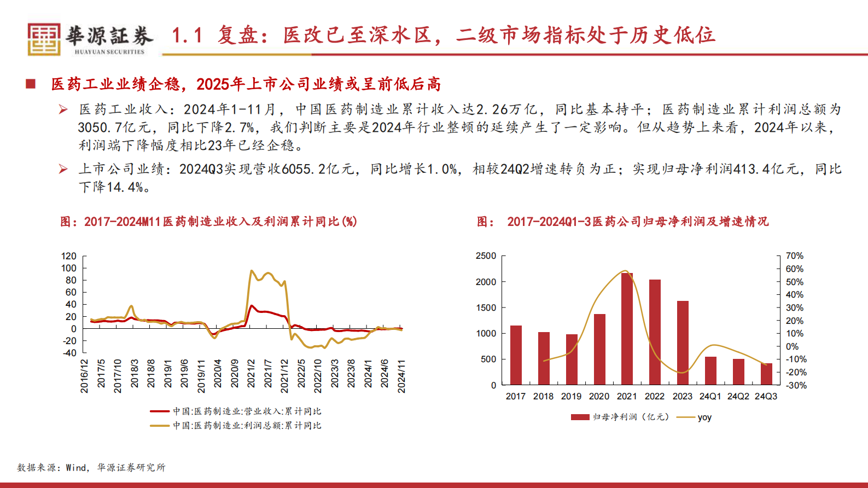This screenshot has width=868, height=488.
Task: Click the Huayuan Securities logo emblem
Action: pyautogui.click(x=44, y=39)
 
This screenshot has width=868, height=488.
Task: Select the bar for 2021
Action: pyautogui.click(x=627, y=329)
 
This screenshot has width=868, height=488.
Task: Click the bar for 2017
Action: pyautogui.click(x=516, y=355)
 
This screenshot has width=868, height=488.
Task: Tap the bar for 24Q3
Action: pyautogui.click(x=766, y=374)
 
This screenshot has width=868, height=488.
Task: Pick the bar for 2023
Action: pyautogui.click(x=683, y=342)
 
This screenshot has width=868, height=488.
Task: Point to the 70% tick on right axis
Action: pyautogui.click(x=794, y=256)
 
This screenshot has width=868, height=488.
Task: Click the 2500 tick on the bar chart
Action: pyautogui.click(x=486, y=256)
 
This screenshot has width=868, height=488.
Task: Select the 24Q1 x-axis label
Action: pyautogui.click(x=710, y=396)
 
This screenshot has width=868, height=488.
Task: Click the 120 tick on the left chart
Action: pyautogui.click(x=69, y=256)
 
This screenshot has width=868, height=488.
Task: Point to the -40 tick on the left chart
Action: pyautogui.click(x=69, y=353)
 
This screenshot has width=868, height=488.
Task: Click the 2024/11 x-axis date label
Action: pyautogui.click(x=401, y=376)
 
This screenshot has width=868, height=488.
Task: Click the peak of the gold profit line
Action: pyautogui.click(x=251, y=271)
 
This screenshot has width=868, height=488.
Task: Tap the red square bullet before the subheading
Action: pyautogui.click(x=31, y=84)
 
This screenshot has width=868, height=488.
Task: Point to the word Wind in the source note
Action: pyautogui.click(x=76, y=467)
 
